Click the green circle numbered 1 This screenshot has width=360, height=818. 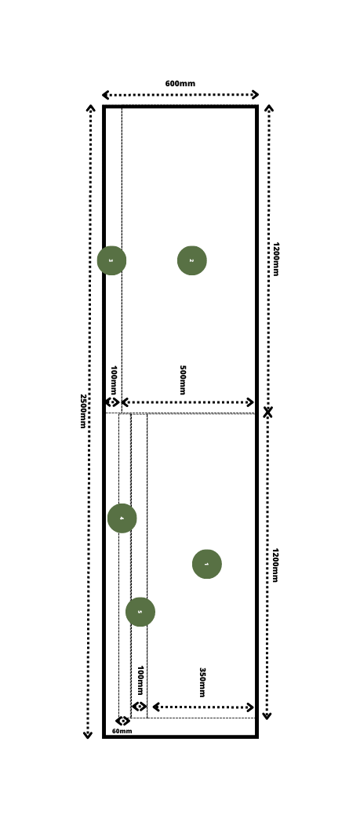(x=206, y=564)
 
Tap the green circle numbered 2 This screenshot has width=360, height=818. (x=191, y=260)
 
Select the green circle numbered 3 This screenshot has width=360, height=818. (x=111, y=260)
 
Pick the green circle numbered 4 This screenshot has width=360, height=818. (x=122, y=518)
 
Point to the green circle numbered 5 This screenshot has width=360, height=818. (x=140, y=612)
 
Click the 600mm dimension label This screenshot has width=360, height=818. (x=180, y=84)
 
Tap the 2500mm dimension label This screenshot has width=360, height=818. (x=82, y=411)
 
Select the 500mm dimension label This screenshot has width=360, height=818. (x=182, y=380)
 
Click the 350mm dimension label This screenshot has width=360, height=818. (x=202, y=682)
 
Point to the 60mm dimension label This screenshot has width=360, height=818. (x=122, y=731)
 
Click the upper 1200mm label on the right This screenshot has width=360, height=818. (x=275, y=259)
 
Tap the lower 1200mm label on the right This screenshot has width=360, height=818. (x=275, y=565)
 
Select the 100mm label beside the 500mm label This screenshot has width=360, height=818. (x=114, y=380)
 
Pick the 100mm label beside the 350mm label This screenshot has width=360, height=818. (x=140, y=681)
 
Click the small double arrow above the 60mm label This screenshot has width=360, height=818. (x=122, y=721)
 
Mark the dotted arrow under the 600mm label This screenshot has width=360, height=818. (x=180, y=95)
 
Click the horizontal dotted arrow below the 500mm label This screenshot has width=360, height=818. (x=188, y=402)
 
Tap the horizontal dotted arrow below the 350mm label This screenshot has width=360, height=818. (x=203, y=707)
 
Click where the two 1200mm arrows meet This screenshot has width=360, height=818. (x=267, y=412)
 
